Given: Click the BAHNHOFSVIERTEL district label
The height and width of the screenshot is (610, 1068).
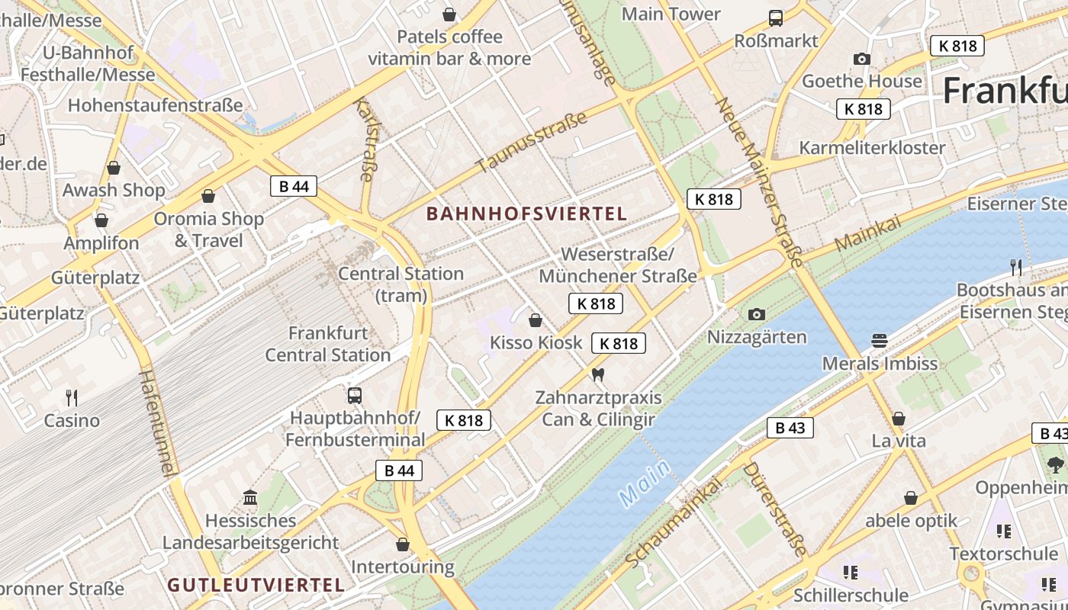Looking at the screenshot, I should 526,214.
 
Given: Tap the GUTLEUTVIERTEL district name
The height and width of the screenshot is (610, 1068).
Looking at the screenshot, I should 256,586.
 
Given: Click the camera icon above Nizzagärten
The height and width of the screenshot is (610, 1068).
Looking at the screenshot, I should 757,314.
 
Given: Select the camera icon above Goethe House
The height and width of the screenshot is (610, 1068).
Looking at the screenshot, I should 862,59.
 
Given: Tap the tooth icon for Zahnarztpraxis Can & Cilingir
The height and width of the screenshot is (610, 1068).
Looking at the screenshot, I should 598,374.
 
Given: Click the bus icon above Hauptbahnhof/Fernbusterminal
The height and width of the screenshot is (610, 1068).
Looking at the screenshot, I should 355,395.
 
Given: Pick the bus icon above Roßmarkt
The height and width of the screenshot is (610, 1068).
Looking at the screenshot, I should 776,18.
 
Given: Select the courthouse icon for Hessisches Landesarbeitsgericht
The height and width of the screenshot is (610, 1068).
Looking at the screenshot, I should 250,498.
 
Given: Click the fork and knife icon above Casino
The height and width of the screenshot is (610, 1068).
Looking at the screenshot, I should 72,397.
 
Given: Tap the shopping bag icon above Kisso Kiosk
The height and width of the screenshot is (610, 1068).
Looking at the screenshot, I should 536,319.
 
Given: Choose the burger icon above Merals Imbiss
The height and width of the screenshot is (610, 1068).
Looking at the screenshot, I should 880,340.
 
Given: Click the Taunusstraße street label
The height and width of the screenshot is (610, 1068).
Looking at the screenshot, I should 532,141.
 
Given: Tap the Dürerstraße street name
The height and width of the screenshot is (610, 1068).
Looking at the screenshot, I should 774,508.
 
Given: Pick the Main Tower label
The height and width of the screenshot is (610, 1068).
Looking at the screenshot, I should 671,14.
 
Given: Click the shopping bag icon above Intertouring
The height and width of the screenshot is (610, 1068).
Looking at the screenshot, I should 403,544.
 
